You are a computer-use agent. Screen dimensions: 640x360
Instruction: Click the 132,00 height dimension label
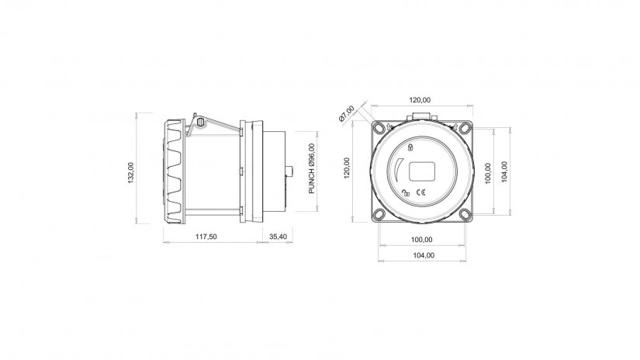pyautogui.click(x=131, y=173)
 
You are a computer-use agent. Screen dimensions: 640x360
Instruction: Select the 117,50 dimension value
pyautogui.click(x=206, y=237)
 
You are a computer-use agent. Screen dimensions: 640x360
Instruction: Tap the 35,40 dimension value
pyautogui.click(x=278, y=237)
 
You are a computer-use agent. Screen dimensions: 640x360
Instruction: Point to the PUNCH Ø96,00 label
pyautogui.click(x=312, y=168)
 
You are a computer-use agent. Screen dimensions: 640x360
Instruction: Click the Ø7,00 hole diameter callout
pyautogui.click(x=347, y=113)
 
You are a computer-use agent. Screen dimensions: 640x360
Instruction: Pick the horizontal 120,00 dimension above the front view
pyautogui.click(x=420, y=100)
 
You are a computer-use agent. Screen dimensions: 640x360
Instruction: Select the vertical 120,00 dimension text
pyautogui.click(x=347, y=168)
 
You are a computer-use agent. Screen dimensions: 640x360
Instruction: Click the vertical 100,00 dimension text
pyautogui.click(x=488, y=173)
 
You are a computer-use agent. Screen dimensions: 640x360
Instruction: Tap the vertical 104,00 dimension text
pyautogui.click(x=504, y=171)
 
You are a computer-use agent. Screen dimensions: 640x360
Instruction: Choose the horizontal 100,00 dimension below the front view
pyautogui.click(x=422, y=240)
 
